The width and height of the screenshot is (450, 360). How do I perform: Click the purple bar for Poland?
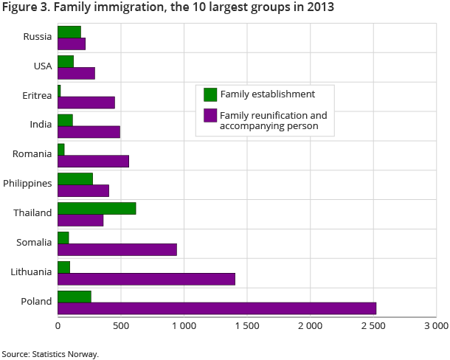tap(217, 308)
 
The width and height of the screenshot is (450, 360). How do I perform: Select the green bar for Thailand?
tap(97, 208)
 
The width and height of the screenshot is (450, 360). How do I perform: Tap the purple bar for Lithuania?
tap(146, 279)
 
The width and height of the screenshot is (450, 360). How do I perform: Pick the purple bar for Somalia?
tap(117, 249)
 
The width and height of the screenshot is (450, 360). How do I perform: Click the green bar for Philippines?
tap(75, 179)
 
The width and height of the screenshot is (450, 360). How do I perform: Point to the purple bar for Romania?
tap(93, 162)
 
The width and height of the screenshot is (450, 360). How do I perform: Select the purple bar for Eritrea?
tap(86, 103)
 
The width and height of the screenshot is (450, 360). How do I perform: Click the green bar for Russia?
tap(69, 32)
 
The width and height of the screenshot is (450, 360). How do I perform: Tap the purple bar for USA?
tap(76, 73)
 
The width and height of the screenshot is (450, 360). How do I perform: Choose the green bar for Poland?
tap(75, 297)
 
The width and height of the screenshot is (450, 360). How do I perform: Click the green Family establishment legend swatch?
tap(210, 94)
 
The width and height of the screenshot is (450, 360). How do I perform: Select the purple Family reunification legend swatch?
tap(210, 116)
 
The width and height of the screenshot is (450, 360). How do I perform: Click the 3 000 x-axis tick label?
tap(435, 325)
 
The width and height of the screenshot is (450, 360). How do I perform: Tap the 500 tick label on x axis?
tap(121, 325)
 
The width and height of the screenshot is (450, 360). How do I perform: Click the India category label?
tap(41, 125)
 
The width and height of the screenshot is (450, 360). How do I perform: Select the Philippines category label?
tap(27, 184)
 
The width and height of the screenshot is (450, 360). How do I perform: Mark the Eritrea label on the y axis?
tap(37, 95)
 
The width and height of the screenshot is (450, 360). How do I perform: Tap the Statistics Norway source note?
tap(49, 354)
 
